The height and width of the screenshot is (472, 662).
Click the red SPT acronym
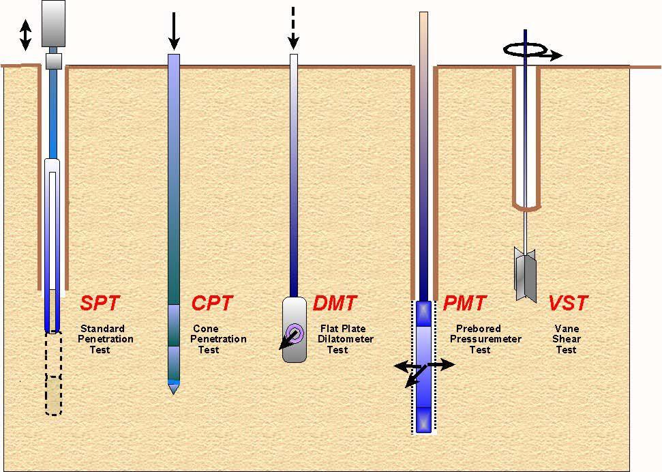(100, 303)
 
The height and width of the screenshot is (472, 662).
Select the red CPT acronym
(212, 303)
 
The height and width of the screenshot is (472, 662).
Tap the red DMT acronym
(334, 303)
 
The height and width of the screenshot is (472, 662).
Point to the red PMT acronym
(464, 303)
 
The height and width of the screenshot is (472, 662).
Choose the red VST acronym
(568, 303)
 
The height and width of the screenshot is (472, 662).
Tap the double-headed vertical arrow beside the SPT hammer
(25, 35)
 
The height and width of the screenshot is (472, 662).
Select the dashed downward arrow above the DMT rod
(294, 28)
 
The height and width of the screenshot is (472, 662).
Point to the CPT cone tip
(173, 388)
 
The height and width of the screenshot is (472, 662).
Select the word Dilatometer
(345, 339)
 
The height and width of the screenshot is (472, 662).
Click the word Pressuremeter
(485, 339)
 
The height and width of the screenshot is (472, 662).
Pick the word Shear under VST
(566, 339)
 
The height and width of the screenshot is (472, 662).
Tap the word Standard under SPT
(102, 329)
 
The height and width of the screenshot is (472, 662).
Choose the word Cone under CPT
(206, 329)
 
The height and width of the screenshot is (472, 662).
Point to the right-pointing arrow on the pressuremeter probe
(442, 366)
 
